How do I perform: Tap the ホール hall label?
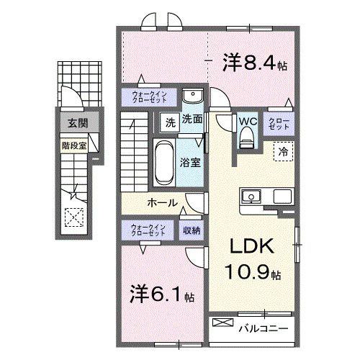point(163,202)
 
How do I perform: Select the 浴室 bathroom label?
point(190,162)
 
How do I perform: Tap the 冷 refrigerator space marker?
point(282,152)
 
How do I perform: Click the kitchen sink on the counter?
point(253,196)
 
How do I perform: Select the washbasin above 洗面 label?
point(192,97)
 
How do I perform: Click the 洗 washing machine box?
point(170,121)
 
